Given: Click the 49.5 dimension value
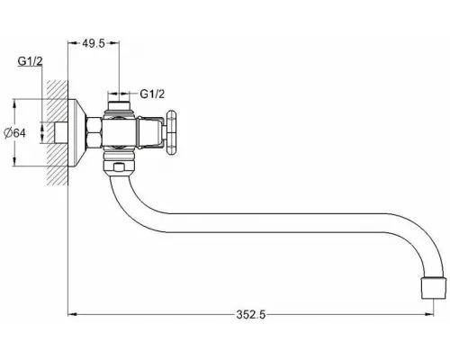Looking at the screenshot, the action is click(94, 43).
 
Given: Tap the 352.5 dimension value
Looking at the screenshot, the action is click(251, 315).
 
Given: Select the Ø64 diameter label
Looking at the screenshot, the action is click(14, 133).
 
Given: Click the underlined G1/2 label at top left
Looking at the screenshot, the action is click(30, 61).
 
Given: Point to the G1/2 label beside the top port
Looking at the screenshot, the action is click(152, 94).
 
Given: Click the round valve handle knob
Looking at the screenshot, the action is click(172, 133).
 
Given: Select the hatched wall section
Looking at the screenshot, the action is click(57, 132).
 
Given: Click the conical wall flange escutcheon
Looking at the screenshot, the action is click(76, 132).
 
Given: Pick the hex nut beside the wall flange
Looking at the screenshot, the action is click(94, 132).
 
